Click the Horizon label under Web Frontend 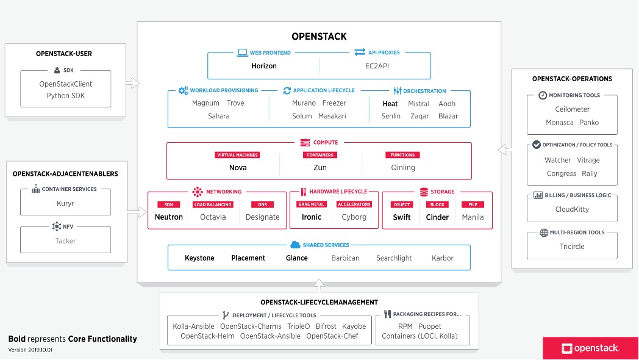pos(264,66)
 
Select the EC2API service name pos(375,66)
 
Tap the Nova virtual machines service pos(238,168)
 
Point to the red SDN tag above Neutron pos(168,205)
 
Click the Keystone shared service pos(199,258)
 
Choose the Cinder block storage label pos(437,217)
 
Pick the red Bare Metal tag pos(312,205)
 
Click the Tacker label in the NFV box pos(65,241)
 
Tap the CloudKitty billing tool pos(572,209)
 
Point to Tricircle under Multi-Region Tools pos(572,247)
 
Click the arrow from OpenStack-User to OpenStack pos(132,82)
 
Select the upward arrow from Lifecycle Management pos(319,285)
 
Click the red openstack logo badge pos(582,348)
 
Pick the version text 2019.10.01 pos(30,350)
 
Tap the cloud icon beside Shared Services pos(296,245)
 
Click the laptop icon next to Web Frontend pos(242,53)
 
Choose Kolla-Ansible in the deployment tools pos(193,326)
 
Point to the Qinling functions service pos(403,168)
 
